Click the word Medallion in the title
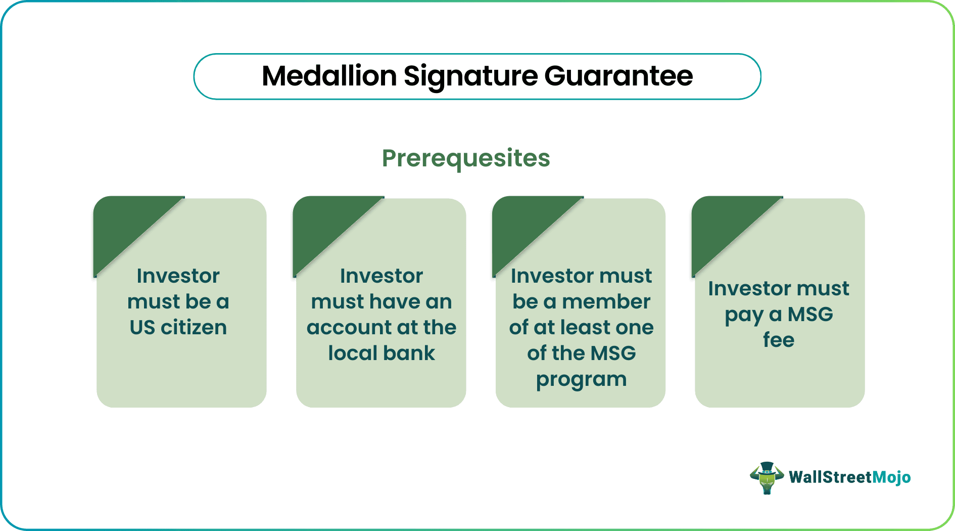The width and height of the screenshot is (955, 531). tap(329, 76)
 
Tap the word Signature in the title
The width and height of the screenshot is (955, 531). tap(470, 76)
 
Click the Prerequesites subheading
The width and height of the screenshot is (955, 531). tap(465, 158)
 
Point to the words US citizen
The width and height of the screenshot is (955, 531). tap(178, 328)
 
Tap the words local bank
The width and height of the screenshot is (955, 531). tap(381, 353)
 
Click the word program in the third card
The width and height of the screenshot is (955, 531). tap(581, 379)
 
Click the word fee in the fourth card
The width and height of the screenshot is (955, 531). tap(778, 340)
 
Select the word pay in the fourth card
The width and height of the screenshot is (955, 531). tap(743, 315)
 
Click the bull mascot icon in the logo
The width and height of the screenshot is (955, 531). tap(767, 477)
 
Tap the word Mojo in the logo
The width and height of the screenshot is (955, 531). tap(891, 477)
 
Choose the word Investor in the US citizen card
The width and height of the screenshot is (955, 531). tap(178, 276)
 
